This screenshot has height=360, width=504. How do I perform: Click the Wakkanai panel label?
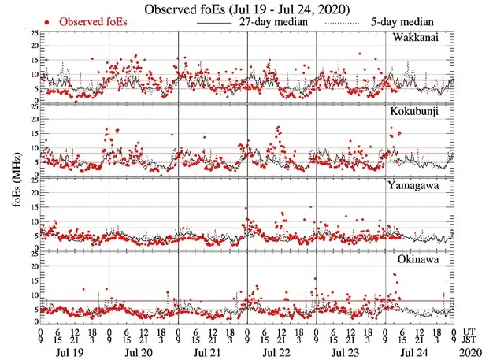(x=420, y=38)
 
